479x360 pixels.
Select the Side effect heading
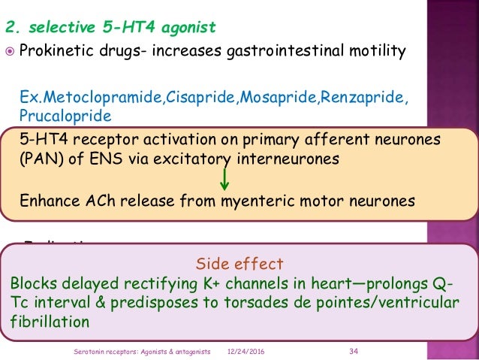tap(239, 264)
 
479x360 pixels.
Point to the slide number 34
tap(354, 352)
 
